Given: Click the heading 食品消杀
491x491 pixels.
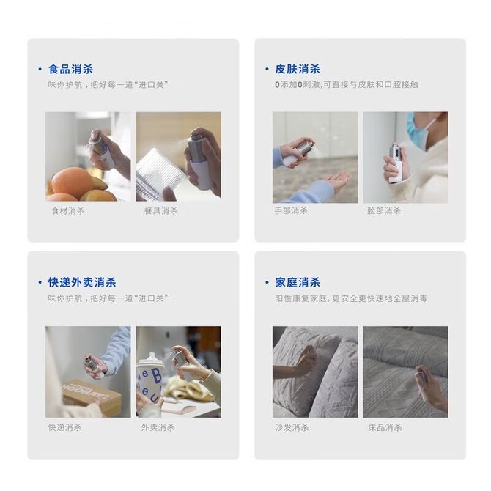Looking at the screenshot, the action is point(70,69).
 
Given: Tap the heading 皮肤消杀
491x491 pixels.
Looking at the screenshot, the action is point(298,69).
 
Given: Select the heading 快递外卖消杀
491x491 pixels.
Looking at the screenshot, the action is point(82,282).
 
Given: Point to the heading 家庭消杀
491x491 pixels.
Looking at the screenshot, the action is point(298,282).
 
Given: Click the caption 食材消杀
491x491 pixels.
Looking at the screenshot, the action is point(68,211).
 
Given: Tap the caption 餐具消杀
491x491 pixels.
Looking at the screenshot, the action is point(161,211).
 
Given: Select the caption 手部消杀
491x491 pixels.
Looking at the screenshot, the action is point(291,211).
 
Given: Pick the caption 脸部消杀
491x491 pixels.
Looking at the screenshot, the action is point(384,211).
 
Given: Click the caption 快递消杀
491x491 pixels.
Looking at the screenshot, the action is point(64,427).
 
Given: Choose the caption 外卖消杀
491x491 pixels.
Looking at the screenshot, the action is point(158,427).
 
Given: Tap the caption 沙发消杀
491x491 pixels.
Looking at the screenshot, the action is point(292,427).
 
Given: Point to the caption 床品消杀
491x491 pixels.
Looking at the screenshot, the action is point(385,427).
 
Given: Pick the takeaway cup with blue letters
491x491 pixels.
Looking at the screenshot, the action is point(149,383).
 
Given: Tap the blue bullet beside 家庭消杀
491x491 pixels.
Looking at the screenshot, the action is point(267,282).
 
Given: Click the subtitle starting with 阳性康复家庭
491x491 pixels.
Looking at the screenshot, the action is point(351,298).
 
